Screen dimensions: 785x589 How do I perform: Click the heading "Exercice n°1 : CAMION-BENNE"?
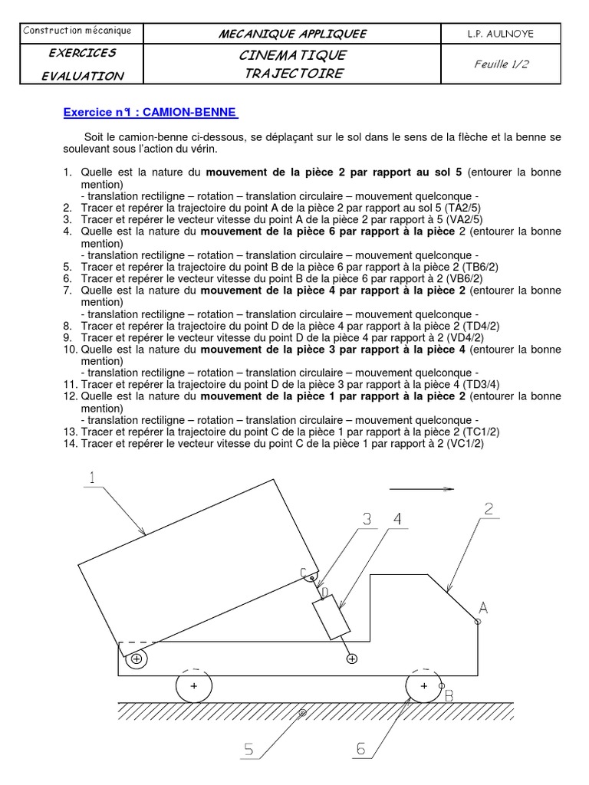[x=150, y=113]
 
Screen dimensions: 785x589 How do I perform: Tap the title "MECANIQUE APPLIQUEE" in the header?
[x=292, y=34]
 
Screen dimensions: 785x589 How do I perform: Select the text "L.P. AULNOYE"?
[x=501, y=34]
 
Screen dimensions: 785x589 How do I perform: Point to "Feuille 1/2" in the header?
[x=502, y=64]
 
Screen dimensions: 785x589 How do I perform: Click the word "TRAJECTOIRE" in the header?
[x=293, y=74]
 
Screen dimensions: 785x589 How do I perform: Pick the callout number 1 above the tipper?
[x=92, y=478]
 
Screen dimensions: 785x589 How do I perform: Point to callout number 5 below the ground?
[x=248, y=750]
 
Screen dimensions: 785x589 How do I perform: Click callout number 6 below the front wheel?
[x=361, y=750]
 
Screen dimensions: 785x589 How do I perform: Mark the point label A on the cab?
[x=483, y=609]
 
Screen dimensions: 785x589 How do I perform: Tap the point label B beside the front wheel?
[x=449, y=696]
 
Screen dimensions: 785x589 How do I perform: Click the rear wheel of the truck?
[x=193, y=686]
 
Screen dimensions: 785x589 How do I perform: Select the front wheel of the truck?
[x=423, y=686]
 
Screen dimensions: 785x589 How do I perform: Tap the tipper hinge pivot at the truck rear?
[x=137, y=659]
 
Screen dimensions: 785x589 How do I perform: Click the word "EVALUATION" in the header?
[x=83, y=75]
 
